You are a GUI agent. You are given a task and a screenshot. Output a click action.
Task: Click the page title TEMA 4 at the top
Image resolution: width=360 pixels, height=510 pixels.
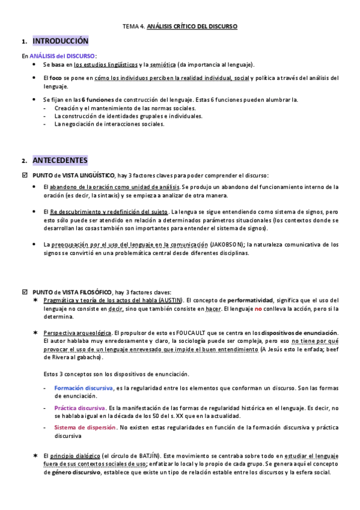click(180, 26)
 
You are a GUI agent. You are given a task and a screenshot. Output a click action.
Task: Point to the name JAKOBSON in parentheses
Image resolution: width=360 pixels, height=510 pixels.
click(228, 245)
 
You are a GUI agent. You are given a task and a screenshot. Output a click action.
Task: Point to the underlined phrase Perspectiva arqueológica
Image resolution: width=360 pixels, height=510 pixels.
click(78, 333)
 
